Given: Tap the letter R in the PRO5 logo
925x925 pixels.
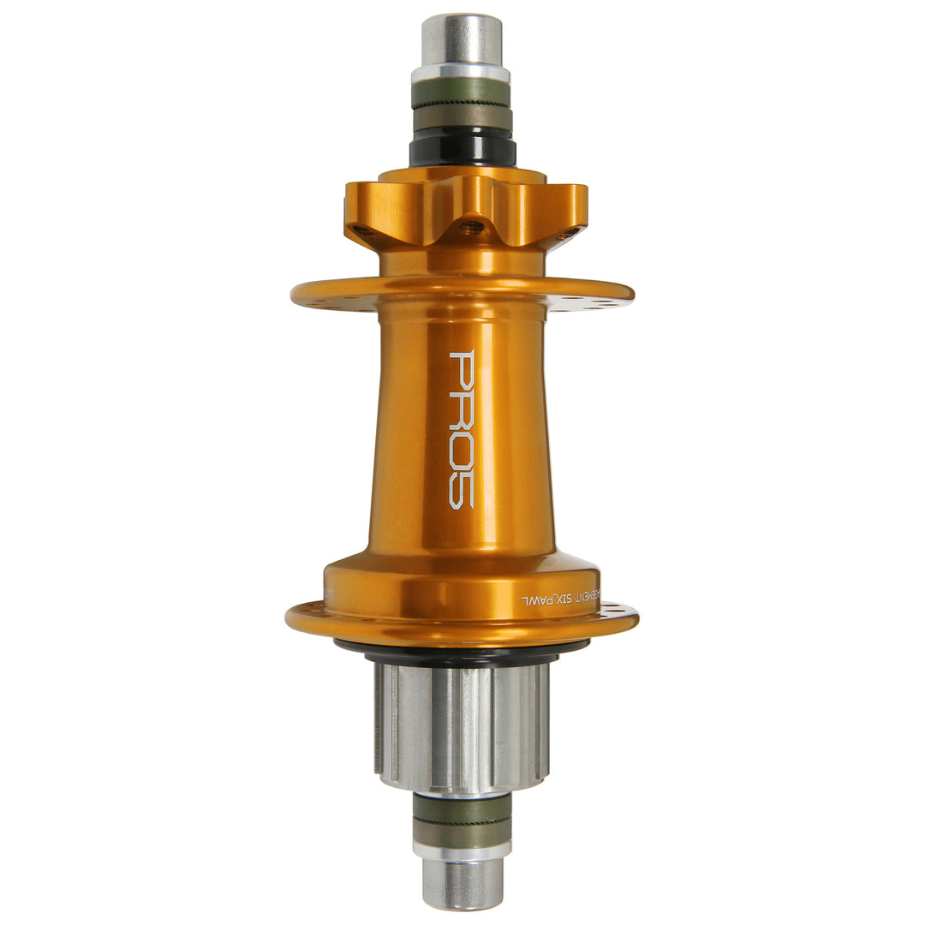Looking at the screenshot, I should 462,409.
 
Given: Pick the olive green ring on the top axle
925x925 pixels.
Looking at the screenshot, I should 462,92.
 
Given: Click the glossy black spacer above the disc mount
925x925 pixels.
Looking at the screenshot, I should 462,151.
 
